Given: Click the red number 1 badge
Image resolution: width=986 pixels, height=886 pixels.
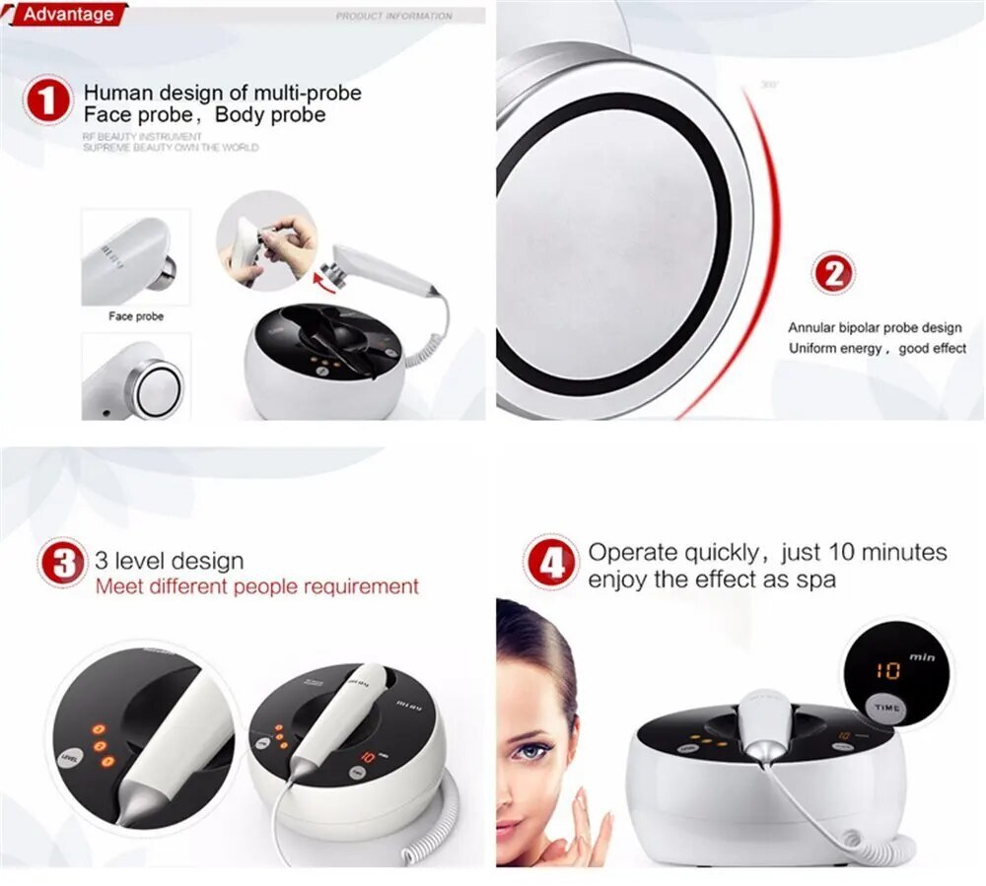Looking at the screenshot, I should click(x=48, y=102).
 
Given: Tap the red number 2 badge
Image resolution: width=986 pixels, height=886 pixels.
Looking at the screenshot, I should click(x=833, y=273).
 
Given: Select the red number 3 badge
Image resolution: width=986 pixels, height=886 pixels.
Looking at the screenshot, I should click(x=63, y=564).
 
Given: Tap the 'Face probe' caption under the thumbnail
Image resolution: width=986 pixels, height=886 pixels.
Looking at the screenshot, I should click(x=136, y=316).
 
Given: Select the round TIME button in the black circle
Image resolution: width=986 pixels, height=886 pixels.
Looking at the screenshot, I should click(x=886, y=708).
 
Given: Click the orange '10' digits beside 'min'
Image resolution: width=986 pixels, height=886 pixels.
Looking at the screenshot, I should click(x=888, y=670).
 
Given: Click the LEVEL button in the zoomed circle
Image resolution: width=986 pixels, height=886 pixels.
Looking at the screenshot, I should click(x=70, y=758).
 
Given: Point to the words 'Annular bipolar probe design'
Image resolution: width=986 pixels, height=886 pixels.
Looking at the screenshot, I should click(x=874, y=327).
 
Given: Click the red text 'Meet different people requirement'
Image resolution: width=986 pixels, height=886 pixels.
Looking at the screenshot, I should click(x=257, y=586).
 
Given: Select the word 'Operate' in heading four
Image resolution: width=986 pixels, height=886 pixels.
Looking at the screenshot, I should click(x=631, y=552).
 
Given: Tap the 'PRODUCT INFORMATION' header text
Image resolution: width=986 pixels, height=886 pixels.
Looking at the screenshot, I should click(x=393, y=16).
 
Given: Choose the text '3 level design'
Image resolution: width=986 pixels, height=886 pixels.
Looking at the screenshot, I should click(x=170, y=561).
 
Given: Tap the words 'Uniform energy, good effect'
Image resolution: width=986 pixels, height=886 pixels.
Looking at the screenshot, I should click(x=877, y=348).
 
